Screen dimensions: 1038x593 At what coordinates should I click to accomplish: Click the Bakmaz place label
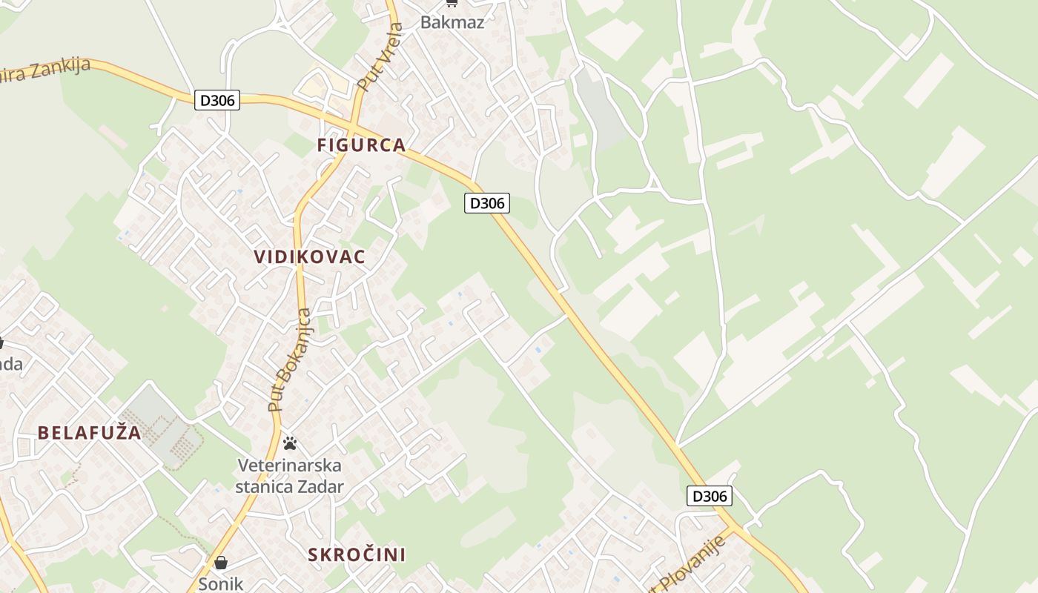pyautogui.click(x=452, y=21)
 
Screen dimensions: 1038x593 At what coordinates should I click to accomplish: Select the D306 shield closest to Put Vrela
pyautogui.click(x=218, y=100)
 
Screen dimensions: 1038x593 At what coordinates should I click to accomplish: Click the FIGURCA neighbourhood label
pyautogui.click(x=361, y=145)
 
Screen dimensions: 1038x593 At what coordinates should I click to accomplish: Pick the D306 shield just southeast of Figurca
pyautogui.click(x=487, y=202)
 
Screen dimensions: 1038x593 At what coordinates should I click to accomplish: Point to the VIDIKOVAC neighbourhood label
pyautogui.click(x=309, y=257)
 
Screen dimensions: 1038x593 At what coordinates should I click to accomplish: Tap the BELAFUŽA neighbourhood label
pyautogui.click(x=89, y=433)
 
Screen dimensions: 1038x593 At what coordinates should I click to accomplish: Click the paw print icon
pyautogui.click(x=290, y=443)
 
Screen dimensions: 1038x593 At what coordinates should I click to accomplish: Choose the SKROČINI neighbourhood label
pyautogui.click(x=357, y=554)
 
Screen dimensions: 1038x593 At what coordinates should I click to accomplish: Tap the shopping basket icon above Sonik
pyautogui.click(x=220, y=563)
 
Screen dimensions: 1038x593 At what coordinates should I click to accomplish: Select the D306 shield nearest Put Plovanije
pyautogui.click(x=709, y=496)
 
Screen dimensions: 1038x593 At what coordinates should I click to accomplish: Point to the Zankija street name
pyautogui.click(x=59, y=69)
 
